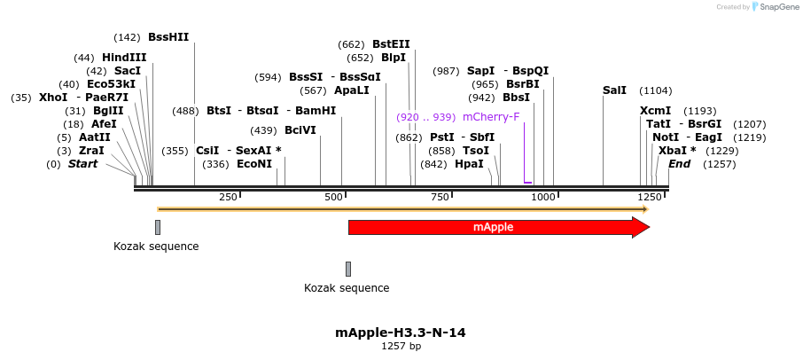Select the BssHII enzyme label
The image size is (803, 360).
(168, 37)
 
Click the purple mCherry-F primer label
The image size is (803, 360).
(491, 117)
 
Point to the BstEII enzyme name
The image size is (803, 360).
(391, 44)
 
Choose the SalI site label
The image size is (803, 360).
(614, 90)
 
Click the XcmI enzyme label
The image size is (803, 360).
(655, 111)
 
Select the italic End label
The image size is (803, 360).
(680, 164)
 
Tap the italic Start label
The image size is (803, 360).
(82, 164)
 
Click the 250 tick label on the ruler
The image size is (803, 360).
(228, 197)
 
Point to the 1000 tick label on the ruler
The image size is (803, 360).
(543, 197)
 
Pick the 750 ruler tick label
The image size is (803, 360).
(439, 197)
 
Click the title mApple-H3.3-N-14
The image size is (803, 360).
(401, 333)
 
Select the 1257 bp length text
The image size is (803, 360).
(401, 346)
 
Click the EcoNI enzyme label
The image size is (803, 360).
(254, 164)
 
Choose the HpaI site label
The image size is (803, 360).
(469, 164)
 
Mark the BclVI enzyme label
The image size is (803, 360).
(300, 130)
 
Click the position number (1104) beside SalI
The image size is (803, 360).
(656, 90)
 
